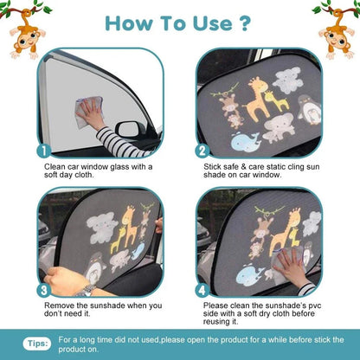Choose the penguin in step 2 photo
click(x=305, y=111)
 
